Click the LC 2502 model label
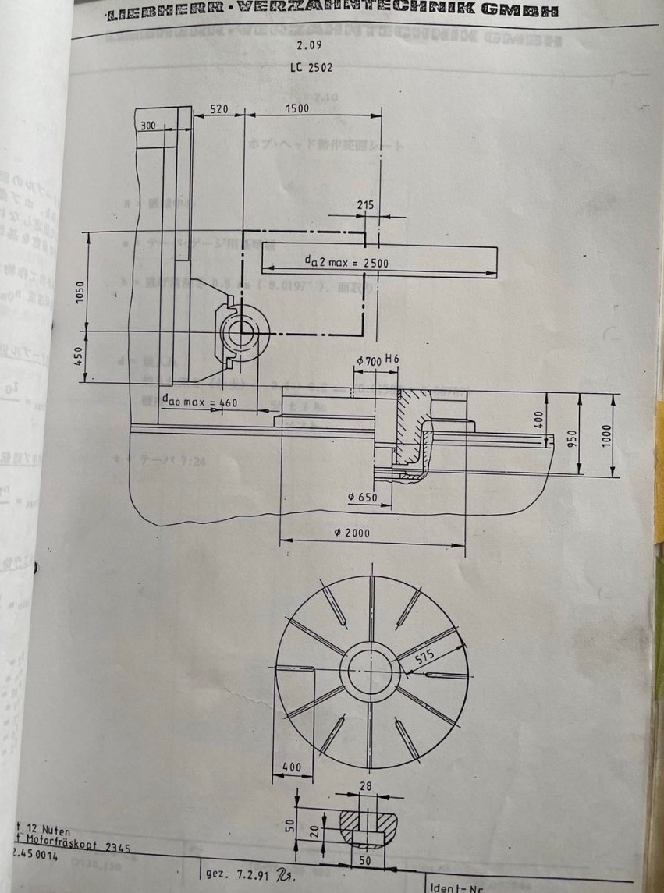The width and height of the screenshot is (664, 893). coord(311,67)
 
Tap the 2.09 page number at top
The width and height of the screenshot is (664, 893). coord(311,45)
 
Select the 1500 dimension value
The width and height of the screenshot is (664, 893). coord(297,108)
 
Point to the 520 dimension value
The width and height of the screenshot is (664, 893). coord(219,109)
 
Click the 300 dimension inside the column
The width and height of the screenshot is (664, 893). coord(147,125)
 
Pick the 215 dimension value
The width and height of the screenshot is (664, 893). coord(365,205)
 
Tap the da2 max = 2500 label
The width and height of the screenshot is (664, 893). coord(346,263)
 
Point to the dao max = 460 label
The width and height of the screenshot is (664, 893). coord(199,402)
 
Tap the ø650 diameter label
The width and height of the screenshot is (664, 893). coord(361,496)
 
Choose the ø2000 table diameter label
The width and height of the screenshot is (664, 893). coord(352,533)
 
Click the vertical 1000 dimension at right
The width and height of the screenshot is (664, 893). coord(608,435)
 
